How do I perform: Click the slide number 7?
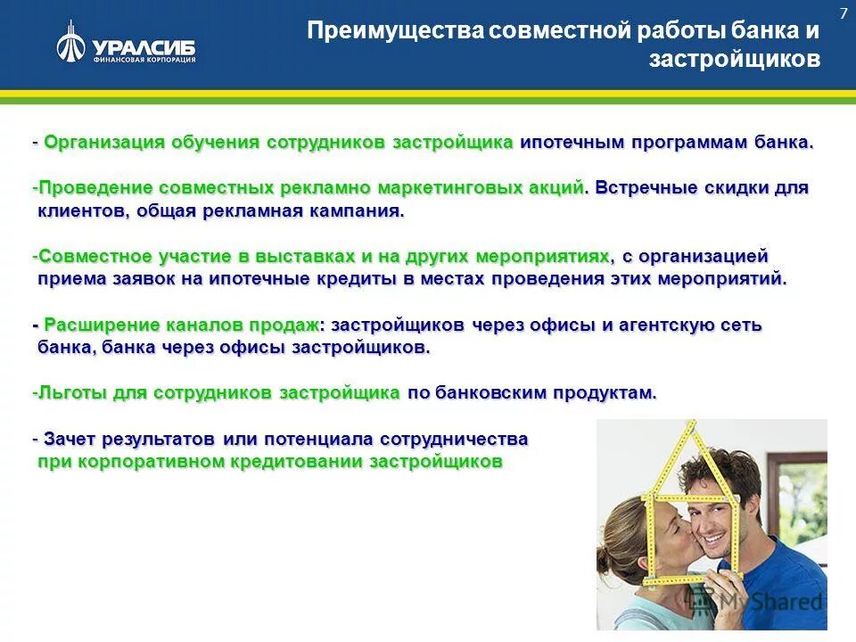coord(843,13)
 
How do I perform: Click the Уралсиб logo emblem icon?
coord(71,43)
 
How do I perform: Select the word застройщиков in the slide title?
coord(734,61)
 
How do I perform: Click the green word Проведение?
coord(95,188)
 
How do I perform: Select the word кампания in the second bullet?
coord(355,211)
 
